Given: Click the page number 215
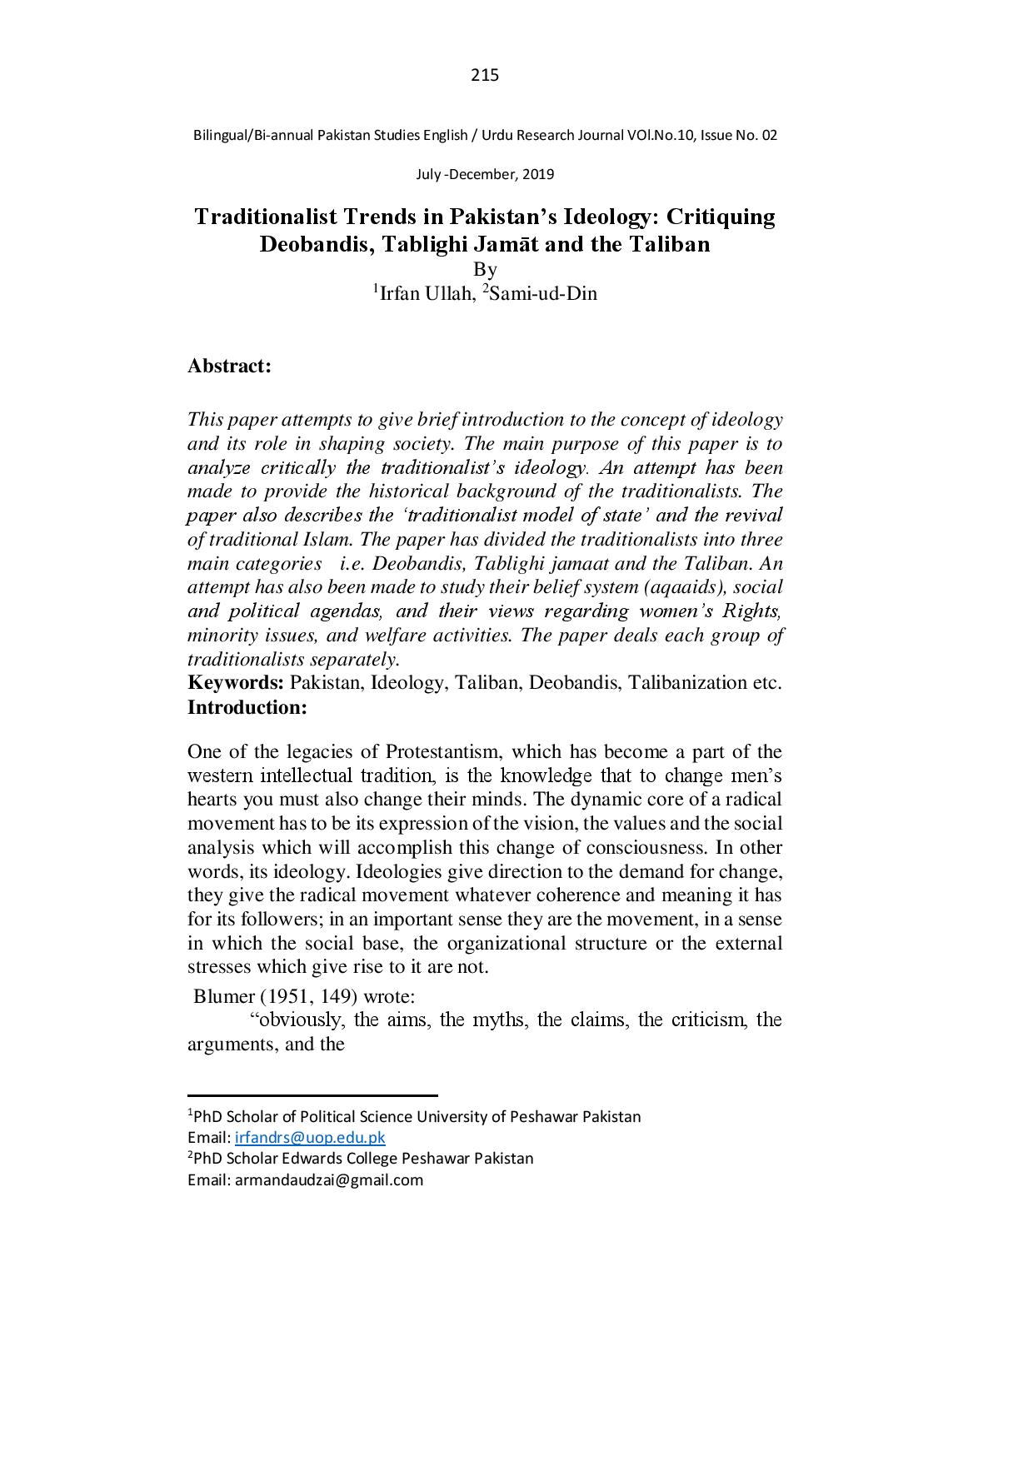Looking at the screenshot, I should pyautogui.click(x=485, y=76).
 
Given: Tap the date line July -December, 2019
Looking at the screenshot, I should pyautogui.click(x=485, y=175).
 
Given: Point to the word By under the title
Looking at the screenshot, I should pyautogui.click(x=485, y=269).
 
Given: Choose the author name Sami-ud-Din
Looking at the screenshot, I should pyautogui.click(x=543, y=294).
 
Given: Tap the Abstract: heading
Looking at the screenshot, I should pyautogui.click(x=229, y=366).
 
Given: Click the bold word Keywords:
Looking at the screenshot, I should pyautogui.click(x=236, y=683).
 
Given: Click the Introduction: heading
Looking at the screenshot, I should pyautogui.click(x=247, y=708).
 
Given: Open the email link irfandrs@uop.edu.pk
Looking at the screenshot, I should pyautogui.click(x=310, y=1138).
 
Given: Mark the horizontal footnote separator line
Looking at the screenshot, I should pyautogui.click(x=312, y=1096).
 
